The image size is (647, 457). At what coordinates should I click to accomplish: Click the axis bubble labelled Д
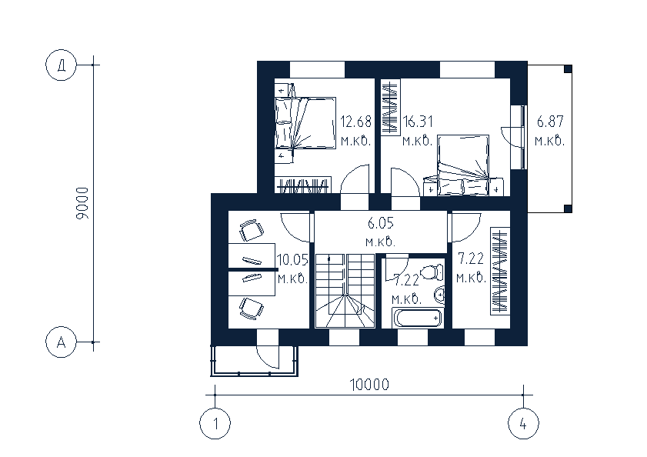pos(61,65)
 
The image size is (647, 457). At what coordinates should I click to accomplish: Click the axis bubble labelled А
pos(61,342)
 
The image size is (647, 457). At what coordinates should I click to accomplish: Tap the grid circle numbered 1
pos(215,424)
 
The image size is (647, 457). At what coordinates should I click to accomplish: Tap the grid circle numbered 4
pos(523,424)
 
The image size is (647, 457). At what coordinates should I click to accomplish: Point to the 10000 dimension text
pos(369,385)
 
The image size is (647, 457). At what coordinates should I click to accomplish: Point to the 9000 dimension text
pos(82,203)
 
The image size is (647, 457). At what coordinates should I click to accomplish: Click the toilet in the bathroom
pos(432,272)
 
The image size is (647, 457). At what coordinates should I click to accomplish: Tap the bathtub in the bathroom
pos(419,318)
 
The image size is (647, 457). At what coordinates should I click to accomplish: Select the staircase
pos(345,291)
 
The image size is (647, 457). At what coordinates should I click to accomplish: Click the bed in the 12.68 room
pos(305,122)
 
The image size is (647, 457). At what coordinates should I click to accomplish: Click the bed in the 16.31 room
pos(463,165)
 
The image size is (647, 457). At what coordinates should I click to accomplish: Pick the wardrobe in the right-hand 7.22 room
pos(500,272)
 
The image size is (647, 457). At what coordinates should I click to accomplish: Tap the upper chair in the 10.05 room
pos(252,230)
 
